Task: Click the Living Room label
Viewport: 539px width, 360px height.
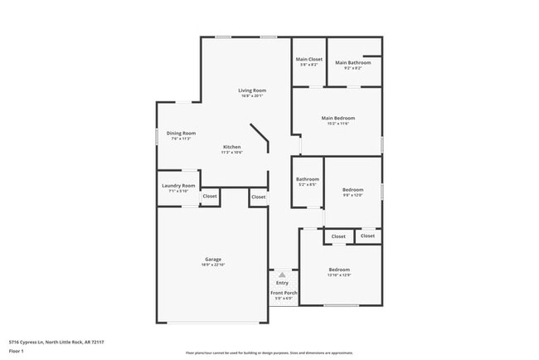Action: pos(251,90)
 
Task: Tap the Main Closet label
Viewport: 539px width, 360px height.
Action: pos(308,59)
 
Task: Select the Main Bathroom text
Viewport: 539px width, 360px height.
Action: pos(352,62)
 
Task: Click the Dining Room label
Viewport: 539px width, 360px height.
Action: pos(181,133)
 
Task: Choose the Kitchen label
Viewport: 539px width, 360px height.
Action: pos(231,147)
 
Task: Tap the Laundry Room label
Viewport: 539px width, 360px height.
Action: pos(178,185)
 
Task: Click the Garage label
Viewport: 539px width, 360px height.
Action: pos(213,259)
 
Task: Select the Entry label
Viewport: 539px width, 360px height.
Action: pos(282,283)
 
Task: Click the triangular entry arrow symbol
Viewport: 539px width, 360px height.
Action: pos(282,274)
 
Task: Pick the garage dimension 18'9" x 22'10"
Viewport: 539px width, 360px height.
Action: pos(213,265)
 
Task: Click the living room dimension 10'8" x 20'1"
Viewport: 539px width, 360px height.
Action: pos(251,95)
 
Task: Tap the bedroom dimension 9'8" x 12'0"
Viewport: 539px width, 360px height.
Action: pos(352,195)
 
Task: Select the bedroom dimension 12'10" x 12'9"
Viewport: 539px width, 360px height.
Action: pos(339,275)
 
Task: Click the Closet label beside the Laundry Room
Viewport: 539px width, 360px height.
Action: pos(210,197)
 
